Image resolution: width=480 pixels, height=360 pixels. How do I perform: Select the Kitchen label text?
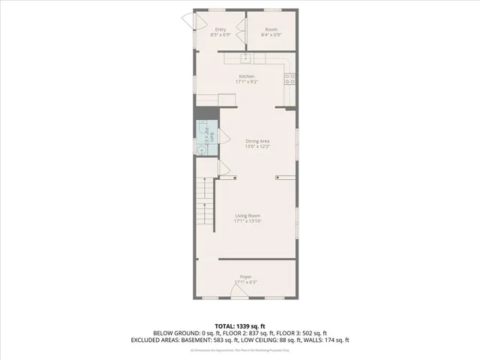(x=247, y=76)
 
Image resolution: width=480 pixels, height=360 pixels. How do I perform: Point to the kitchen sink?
(x=247, y=57)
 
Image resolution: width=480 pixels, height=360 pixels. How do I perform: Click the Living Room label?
(x=247, y=215)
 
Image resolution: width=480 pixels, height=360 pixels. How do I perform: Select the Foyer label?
(x=246, y=277)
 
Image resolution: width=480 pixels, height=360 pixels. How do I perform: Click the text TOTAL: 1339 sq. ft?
(x=240, y=326)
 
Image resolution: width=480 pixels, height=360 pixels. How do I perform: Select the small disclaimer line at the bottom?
(x=240, y=350)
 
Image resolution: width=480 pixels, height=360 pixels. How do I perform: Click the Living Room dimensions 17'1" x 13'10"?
(x=247, y=220)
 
